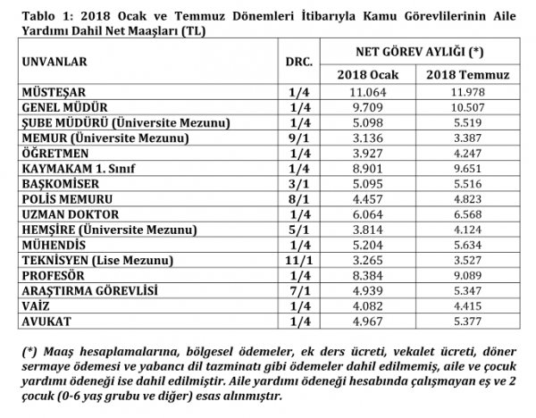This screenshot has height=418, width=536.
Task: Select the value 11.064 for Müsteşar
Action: pos(369,92)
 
